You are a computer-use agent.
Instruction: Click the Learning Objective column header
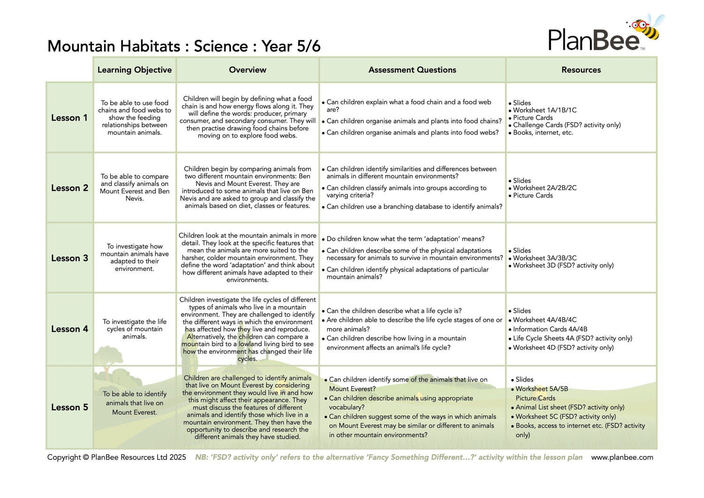134,70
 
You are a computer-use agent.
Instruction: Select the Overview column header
247,70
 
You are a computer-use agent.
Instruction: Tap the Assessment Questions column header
412,70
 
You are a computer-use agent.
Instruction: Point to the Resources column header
581,70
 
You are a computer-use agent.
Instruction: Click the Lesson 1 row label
69,118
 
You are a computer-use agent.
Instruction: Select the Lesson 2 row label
69,188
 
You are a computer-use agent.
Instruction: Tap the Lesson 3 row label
69,258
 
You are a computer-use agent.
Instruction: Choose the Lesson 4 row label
69,329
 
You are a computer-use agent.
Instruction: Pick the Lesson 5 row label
69,407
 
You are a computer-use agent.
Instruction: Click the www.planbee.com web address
622,457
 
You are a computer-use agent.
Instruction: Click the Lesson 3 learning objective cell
135,257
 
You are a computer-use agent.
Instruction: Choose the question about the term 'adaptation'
406,239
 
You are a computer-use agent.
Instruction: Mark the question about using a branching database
414,207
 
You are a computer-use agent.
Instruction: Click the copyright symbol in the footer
86,457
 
